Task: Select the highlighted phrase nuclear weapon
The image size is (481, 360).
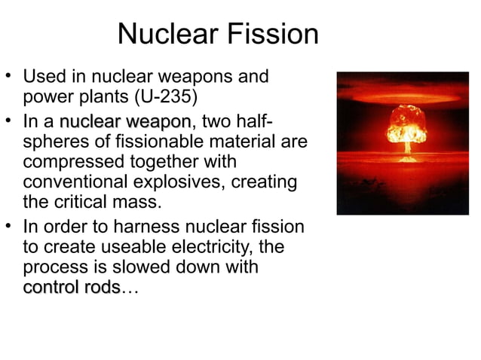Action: tap(124, 121)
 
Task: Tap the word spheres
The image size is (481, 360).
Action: tap(54, 142)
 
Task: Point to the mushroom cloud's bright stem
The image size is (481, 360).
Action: tap(408, 149)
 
